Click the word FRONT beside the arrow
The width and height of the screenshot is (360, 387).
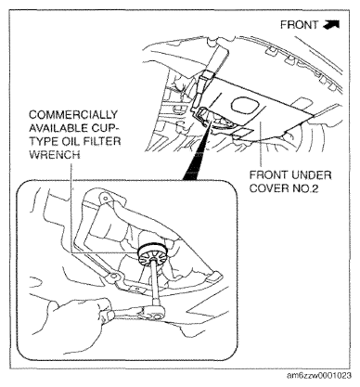pos(299,25)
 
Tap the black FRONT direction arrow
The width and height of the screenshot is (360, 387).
pos(331,24)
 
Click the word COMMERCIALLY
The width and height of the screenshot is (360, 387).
pos(73,115)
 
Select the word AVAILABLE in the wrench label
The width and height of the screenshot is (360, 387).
pos(54,128)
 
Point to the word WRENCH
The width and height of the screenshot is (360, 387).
pos(55,154)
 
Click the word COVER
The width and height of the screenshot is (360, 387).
pos(269,188)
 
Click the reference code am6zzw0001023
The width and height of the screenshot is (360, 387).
pos(319,376)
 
